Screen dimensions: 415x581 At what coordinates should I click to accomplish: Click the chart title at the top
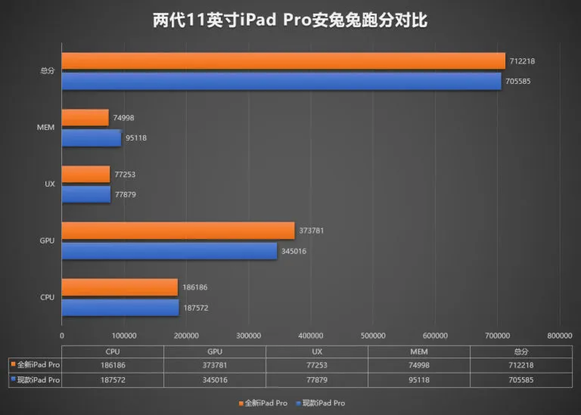(290, 20)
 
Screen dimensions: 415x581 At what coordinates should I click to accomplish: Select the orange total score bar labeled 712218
(283, 61)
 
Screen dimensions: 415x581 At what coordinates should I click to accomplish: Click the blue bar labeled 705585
(281, 81)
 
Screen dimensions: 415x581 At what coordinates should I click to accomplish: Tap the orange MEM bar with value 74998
(85, 117)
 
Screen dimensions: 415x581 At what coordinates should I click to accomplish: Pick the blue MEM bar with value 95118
(91, 138)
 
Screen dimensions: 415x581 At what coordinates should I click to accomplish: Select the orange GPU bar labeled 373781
(178, 231)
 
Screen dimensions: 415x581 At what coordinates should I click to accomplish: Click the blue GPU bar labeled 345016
(169, 251)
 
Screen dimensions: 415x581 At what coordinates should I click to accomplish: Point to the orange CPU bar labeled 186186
(120, 287)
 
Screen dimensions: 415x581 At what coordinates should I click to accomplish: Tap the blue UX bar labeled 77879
(85, 194)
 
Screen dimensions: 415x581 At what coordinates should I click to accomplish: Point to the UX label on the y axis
(48, 184)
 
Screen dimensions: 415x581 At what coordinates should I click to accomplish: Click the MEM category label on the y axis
(45, 128)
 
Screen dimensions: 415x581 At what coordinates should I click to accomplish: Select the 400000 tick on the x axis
(311, 335)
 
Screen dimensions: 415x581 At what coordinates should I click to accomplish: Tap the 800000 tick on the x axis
(560, 335)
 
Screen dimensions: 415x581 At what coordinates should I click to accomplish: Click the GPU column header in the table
(214, 352)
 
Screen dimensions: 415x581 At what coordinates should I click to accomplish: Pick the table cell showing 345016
(214, 380)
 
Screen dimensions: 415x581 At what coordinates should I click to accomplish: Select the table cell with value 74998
(418, 365)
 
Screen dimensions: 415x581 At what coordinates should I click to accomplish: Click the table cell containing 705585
(520, 380)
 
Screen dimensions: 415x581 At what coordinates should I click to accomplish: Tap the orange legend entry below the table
(263, 403)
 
